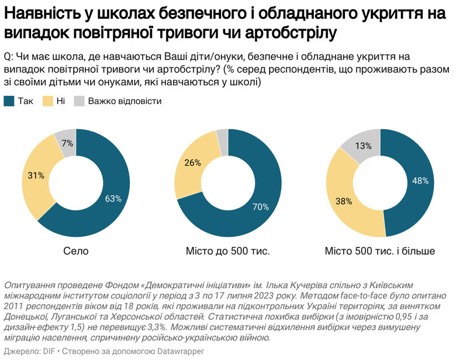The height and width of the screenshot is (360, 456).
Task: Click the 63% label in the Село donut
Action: click(113, 199)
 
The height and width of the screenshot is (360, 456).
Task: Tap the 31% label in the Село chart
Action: click(36, 175)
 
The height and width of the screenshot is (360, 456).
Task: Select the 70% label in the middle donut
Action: click(260, 206)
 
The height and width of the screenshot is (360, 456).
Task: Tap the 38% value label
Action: click(343, 202)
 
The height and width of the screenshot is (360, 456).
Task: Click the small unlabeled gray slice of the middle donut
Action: click(222, 136)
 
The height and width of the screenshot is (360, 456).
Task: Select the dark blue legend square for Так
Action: click(9, 101)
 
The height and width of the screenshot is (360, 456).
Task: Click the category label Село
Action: click(75, 252)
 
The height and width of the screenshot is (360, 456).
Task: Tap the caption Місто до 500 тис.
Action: click(227, 252)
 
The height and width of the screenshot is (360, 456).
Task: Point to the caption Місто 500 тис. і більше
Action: click(380, 252)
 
